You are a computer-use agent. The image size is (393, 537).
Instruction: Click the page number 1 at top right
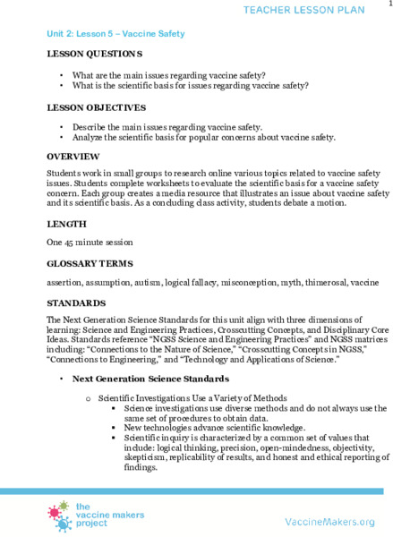tap(388, 4)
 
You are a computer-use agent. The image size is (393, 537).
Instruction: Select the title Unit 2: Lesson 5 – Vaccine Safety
tap(115, 33)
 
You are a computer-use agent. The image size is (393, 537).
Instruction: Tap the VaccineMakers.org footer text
tap(329, 521)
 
